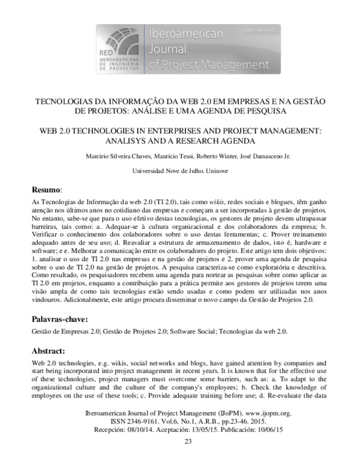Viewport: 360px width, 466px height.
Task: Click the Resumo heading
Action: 46,189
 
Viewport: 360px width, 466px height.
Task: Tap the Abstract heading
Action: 49,351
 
